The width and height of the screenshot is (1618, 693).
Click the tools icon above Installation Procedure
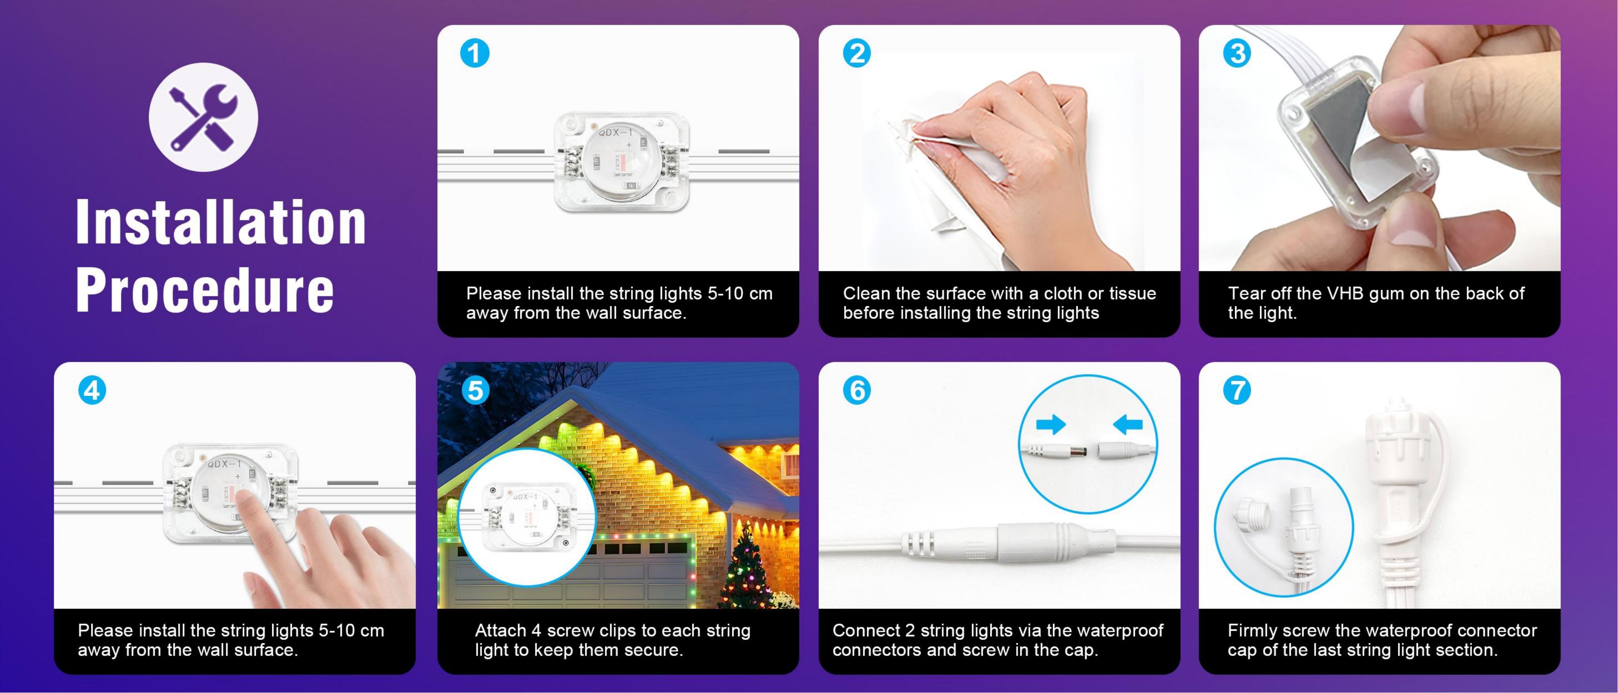pyautogui.click(x=203, y=117)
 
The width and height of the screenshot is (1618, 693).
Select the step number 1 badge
pyautogui.click(x=474, y=53)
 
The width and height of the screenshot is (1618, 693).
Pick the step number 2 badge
pyautogui.click(x=857, y=53)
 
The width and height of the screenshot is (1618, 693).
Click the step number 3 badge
pyautogui.click(x=1237, y=53)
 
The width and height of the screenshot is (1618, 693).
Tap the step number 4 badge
pyautogui.click(x=92, y=390)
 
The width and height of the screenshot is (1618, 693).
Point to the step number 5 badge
pyautogui.click(x=476, y=390)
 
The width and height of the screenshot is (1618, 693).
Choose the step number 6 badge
pyautogui.click(x=857, y=390)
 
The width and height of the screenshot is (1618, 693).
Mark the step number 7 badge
pyautogui.click(x=1237, y=390)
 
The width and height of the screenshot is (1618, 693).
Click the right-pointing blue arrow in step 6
pyautogui.click(x=1051, y=425)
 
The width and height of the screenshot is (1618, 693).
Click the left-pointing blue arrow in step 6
pyautogui.click(x=1127, y=425)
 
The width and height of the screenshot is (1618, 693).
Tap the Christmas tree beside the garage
pyautogui.click(x=746, y=568)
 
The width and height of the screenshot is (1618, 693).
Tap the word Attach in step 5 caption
pyautogui.click(x=501, y=630)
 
